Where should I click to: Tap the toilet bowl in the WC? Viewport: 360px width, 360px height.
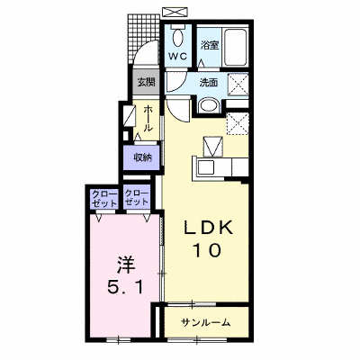point(178,38)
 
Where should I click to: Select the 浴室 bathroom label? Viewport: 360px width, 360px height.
point(209,45)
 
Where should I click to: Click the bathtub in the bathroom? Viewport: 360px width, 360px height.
point(236,48)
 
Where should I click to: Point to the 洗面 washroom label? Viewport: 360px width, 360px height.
point(209,83)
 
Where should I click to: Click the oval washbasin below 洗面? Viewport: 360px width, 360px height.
point(209,106)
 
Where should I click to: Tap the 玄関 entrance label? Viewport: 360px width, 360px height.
point(146,82)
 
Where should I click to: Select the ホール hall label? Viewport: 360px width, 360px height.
point(148,119)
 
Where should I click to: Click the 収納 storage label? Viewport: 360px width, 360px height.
point(142,157)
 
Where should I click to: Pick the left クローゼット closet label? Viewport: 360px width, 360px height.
point(103,198)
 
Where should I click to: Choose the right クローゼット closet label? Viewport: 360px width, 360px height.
point(137,197)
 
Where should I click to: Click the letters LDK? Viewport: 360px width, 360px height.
point(208,228)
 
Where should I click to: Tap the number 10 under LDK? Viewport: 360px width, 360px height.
point(208,250)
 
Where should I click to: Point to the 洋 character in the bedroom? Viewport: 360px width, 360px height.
point(126,265)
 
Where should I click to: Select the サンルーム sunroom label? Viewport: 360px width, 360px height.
point(206,322)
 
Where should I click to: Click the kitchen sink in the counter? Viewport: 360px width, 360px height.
point(205,168)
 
